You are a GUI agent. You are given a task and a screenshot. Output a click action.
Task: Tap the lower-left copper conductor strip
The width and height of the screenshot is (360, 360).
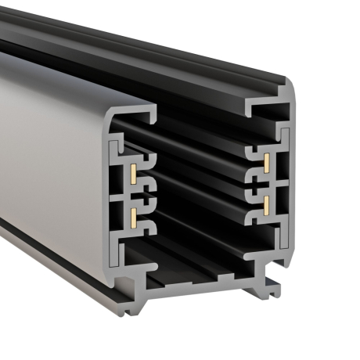coord(134,213)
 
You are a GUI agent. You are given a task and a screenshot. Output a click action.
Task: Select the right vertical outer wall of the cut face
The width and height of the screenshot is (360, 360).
coord(290,180)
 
